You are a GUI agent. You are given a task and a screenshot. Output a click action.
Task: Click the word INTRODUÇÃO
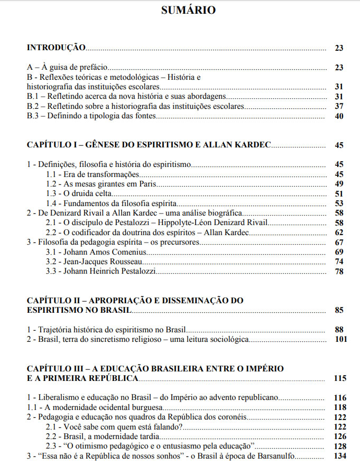coord(56,48)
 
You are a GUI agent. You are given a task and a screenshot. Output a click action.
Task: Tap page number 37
coord(339,106)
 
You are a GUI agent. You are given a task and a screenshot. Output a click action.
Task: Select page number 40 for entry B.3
coord(339,116)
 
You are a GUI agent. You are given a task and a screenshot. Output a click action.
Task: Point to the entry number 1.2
coord(51,184)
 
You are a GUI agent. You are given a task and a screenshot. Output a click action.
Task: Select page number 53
coord(339,203)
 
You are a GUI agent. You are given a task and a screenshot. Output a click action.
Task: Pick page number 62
coord(339,232)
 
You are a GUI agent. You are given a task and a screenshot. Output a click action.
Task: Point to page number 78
coord(339,272)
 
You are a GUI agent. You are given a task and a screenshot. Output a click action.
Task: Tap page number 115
coord(340,378)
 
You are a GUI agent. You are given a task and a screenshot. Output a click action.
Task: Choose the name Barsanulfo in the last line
coord(293,456)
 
